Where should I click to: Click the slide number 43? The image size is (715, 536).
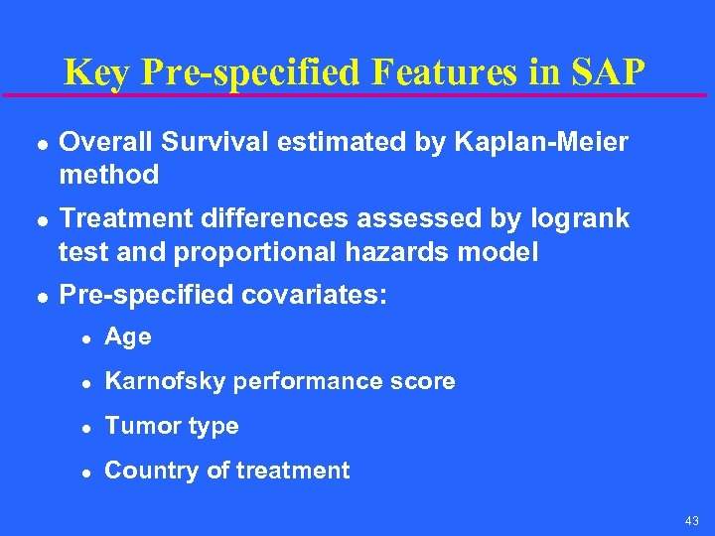[691, 521]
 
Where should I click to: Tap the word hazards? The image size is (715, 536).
[389, 252]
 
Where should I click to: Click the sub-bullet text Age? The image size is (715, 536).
[128, 337]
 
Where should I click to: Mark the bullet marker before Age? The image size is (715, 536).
[86, 338]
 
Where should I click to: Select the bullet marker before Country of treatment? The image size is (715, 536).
[86, 472]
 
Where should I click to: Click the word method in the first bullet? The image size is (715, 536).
[109, 176]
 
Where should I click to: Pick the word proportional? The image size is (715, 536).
[255, 252]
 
